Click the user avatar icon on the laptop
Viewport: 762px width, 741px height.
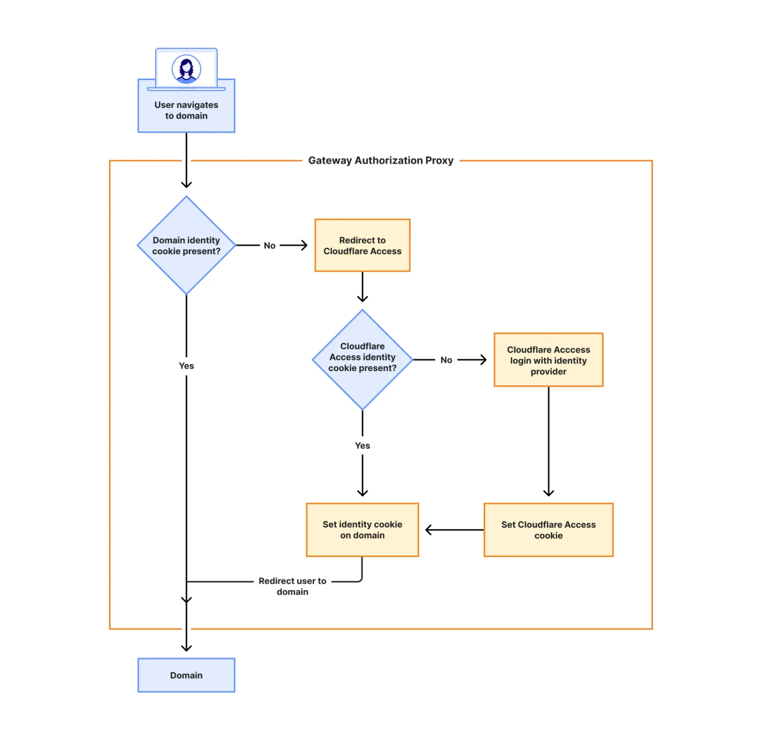click(186, 69)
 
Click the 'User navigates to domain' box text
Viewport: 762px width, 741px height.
click(186, 110)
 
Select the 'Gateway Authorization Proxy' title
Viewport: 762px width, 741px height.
click(380, 160)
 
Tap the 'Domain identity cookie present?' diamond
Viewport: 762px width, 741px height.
click(186, 245)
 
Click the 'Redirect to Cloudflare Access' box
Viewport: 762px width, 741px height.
click(362, 245)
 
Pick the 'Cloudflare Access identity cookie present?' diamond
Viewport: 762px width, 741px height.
click(362, 357)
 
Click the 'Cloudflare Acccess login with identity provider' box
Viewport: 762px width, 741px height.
click(548, 360)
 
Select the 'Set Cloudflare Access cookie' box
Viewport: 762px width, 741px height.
click(548, 530)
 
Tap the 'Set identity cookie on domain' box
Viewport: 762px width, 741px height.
click(362, 530)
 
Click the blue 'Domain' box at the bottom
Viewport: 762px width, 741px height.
click(186, 675)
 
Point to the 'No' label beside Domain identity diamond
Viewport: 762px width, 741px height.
click(270, 246)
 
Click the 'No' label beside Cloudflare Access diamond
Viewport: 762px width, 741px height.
click(446, 360)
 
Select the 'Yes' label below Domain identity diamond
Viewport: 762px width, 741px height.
click(186, 366)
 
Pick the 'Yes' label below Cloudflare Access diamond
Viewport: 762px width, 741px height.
click(362, 446)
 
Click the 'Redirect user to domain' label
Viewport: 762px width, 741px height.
click(292, 586)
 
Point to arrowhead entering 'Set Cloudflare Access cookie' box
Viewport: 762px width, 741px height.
click(548, 493)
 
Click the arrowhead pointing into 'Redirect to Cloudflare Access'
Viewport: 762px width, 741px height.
click(305, 245)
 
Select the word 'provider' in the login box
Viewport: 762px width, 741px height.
click(548, 372)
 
